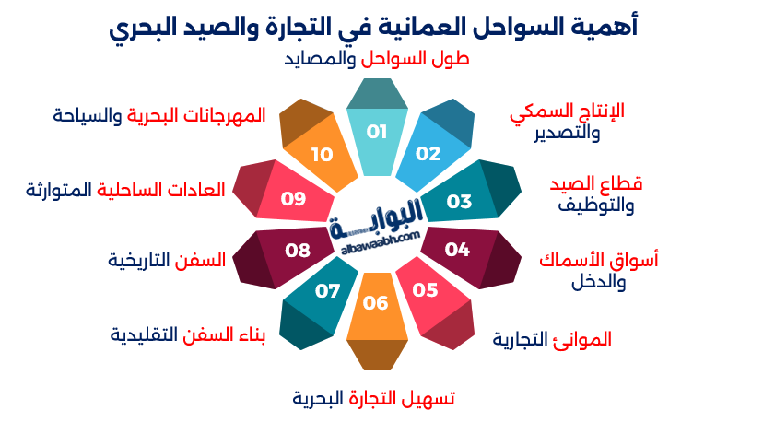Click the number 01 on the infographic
click(x=376, y=132)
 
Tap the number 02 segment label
click(x=428, y=154)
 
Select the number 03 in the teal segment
click(x=459, y=201)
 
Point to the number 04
click(x=457, y=249)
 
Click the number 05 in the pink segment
click(x=425, y=291)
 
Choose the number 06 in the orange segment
click(x=375, y=303)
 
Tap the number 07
click(x=328, y=291)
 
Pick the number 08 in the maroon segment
click(x=297, y=250)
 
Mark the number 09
click(x=293, y=198)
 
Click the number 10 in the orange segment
click(x=322, y=154)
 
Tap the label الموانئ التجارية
click(x=552, y=339)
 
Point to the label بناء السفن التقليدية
click(x=188, y=334)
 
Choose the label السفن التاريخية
click(x=167, y=260)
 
